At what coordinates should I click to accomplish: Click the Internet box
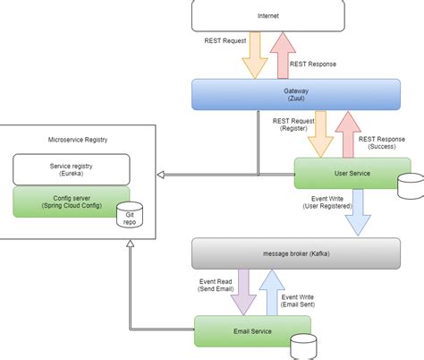pyautogui.click(x=268, y=15)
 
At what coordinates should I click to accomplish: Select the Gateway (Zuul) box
pyautogui.click(x=296, y=94)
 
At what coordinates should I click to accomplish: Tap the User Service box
pyautogui.click(x=352, y=173)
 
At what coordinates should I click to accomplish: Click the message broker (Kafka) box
pyautogui.click(x=296, y=253)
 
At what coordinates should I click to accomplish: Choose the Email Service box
pyautogui.click(x=252, y=331)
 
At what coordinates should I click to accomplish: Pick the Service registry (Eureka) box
pyautogui.click(x=72, y=169)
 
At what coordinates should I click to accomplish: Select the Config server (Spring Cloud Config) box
pyautogui.click(x=72, y=201)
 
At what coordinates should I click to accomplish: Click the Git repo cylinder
pyautogui.click(x=130, y=215)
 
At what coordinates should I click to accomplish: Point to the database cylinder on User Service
pyautogui.click(x=411, y=186)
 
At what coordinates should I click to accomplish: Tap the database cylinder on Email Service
pyautogui.click(x=303, y=347)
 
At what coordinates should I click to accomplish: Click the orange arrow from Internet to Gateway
pyautogui.click(x=255, y=56)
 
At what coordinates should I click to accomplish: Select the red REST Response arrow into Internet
pyautogui.click(x=283, y=56)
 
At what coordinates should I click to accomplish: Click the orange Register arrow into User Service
pyautogui.click(x=320, y=134)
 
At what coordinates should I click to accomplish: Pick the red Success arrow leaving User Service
pyautogui.click(x=348, y=134)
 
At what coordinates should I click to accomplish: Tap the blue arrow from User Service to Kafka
pyautogui.click(x=358, y=212)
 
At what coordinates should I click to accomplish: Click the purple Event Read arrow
pyautogui.click(x=243, y=292)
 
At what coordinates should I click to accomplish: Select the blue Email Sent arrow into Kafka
pyautogui.click(x=272, y=292)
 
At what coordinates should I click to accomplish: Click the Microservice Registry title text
pyautogui.click(x=78, y=140)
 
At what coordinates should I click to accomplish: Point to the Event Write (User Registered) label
pyautogui.click(x=327, y=202)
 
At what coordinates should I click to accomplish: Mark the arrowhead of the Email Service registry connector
pyautogui.click(x=130, y=244)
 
